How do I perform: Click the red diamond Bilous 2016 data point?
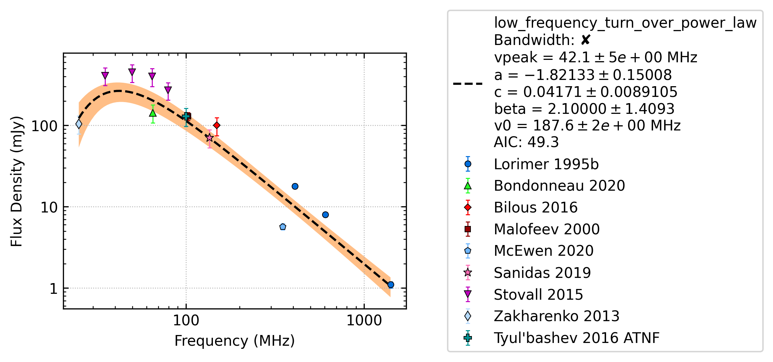pyautogui.click(x=217, y=125)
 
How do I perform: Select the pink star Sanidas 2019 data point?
pyautogui.click(x=209, y=138)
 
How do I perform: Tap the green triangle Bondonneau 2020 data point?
pyautogui.click(x=153, y=113)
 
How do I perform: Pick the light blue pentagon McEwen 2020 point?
pyautogui.click(x=283, y=227)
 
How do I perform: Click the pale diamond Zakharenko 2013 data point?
pyautogui.click(x=79, y=124)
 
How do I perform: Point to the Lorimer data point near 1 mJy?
pyautogui.click(x=391, y=284)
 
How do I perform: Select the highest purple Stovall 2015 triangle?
pyautogui.click(x=132, y=72)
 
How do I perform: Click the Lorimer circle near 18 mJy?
pyautogui.click(x=295, y=186)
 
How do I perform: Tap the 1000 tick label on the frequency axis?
pyautogui.click(x=364, y=320)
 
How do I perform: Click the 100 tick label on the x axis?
pyautogui.click(x=186, y=320)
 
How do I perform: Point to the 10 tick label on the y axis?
pyautogui.click(x=49, y=207)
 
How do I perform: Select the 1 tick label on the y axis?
pyautogui.click(x=53, y=289)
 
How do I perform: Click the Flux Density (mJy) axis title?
pyautogui.click(x=17, y=181)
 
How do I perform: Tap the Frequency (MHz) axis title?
pyautogui.click(x=235, y=341)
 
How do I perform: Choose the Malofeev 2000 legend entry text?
pyautogui.click(x=547, y=229)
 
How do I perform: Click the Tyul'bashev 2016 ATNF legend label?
pyautogui.click(x=577, y=338)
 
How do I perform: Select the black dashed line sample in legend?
pyautogui.click(x=468, y=83)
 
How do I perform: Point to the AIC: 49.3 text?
pyautogui.click(x=526, y=142)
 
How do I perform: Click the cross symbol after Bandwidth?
pyautogui.click(x=586, y=40)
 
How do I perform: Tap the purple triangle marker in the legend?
pyautogui.click(x=468, y=295)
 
